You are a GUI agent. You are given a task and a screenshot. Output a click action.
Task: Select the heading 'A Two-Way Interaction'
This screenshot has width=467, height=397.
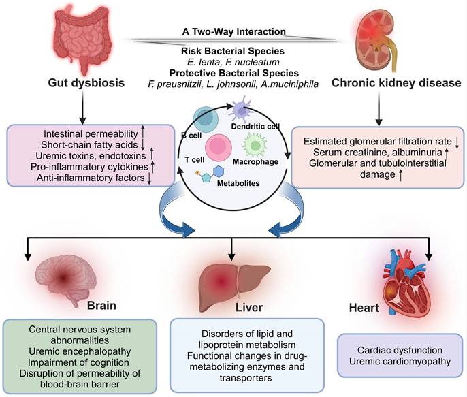[x=233, y=31]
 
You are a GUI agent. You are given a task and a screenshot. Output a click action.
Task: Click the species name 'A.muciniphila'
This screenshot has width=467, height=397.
[x=289, y=84]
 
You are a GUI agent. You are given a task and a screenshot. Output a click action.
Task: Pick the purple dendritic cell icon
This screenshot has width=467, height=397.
[x=242, y=110]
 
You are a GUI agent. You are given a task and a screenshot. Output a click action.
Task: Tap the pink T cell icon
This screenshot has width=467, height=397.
[x=219, y=147]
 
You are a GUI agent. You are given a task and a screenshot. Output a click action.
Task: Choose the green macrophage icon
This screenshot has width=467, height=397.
[x=255, y=146]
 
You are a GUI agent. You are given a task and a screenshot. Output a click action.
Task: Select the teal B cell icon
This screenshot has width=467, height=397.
[x=204, y=119]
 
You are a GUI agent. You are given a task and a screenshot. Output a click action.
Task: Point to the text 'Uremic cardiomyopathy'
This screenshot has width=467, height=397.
[x=400, y=362]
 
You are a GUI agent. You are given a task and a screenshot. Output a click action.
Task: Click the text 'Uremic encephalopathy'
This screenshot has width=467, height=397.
[x=80, y=351]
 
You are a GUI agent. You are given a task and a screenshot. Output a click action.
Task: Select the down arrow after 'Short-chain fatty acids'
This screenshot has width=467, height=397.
[x=143, y=145]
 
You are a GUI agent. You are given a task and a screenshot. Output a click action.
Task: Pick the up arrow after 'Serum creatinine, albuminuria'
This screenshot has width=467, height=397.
[x=447, y=153]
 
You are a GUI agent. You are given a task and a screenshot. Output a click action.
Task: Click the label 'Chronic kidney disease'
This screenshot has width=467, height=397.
[x=396, y=83]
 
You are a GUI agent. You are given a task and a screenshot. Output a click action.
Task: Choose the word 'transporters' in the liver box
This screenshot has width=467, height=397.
[x=246, y=378]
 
